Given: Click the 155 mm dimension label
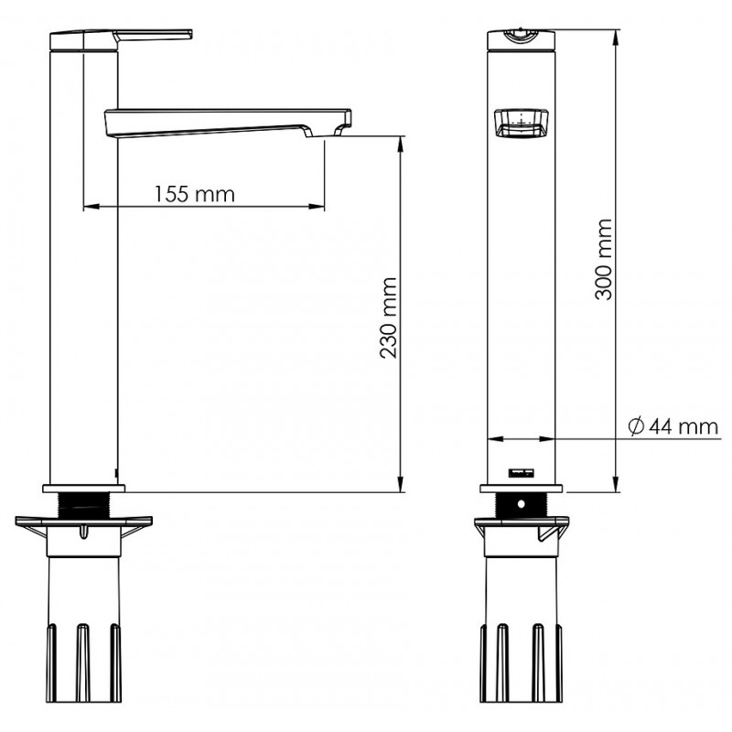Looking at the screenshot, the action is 194,194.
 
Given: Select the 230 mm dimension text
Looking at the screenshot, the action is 388,318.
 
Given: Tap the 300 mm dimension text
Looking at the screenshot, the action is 603,259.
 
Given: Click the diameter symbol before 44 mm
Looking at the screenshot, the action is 636,426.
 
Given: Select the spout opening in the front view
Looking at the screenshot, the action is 522,124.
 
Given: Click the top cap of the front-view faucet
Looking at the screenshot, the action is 522,39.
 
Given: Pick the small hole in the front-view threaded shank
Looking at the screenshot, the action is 522,504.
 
